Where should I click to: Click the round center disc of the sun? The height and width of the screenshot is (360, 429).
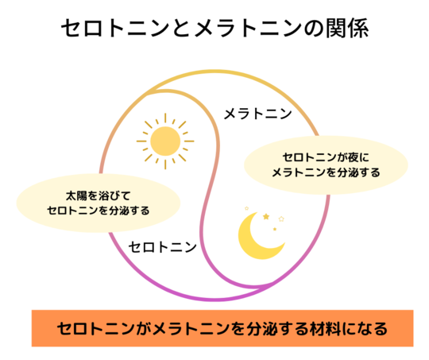click(x=165, y=141)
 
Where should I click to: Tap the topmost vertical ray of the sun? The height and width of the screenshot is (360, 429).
click(x=165, y=118)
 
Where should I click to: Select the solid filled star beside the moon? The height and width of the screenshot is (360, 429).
click(x=266, y=217)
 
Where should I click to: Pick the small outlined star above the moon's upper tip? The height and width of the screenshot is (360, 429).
click(x=246, y=208)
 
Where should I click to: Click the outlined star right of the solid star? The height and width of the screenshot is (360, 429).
click(x=281, y=219)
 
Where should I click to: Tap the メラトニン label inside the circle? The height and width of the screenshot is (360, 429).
click(x=257, y=114)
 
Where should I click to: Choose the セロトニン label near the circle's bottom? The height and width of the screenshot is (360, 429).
click(x=163, y=247)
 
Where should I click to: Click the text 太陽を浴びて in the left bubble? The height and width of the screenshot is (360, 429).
click(x=98, y=195)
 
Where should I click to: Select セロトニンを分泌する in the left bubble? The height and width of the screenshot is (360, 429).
click(x=99, y=211)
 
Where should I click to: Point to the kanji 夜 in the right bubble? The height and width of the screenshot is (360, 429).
click(x=353, y=157)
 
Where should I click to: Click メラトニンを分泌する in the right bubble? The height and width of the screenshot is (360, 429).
click(x=327, y=172)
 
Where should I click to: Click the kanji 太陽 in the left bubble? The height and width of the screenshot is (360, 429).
click(x=76, y=195)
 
